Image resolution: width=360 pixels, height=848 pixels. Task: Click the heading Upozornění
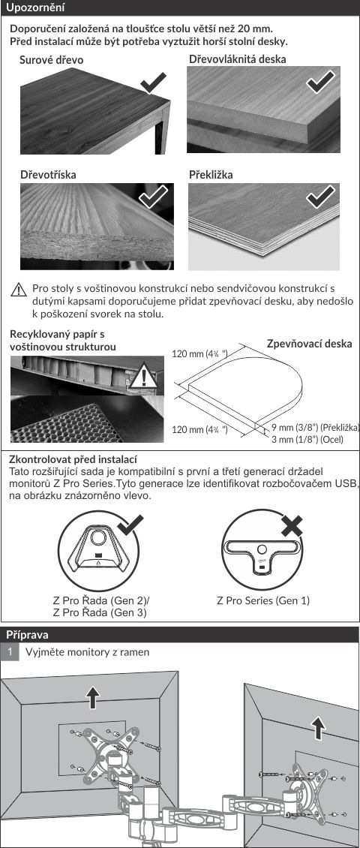point(35,8)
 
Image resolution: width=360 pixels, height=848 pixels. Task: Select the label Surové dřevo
point(52,60)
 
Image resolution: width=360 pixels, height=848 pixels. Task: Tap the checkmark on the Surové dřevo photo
point(154,84)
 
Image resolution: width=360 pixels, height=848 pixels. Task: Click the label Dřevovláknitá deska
point(238,59)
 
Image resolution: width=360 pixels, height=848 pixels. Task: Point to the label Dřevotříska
point(48,175)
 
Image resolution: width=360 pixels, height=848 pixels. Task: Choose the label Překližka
point(211,175)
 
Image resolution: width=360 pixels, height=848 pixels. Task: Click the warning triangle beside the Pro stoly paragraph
point(19,290)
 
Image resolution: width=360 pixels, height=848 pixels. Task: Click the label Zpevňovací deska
point(309,344)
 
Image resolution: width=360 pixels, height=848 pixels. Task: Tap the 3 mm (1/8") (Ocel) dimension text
point(307,439)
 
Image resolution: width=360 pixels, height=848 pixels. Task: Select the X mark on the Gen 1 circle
point(292,526)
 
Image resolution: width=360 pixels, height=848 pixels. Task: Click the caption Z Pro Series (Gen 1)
point(263,600)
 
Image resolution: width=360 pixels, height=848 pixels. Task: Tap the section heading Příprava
point(27,634)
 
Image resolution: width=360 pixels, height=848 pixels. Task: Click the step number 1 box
point(9,652)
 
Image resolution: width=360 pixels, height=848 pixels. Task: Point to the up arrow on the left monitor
point(94,697)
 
